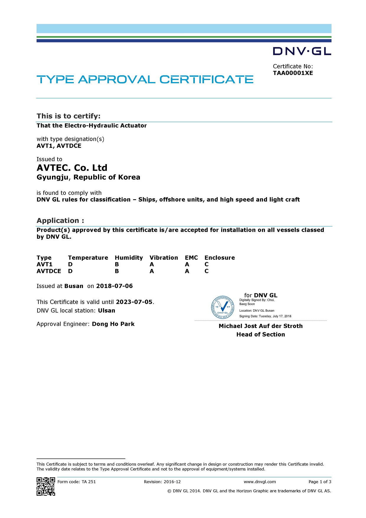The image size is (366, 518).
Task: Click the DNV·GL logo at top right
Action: pyautogui.click(x=302, y=51)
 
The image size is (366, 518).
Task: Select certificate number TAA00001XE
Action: pyautogui.click(x=293, y=73)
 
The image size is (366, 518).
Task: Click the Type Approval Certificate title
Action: pyautogui.click(x=145, y=79)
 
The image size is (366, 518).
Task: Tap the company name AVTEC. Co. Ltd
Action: pyautogui.click(x=72, y=168)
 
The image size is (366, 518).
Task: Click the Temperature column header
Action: pyautogui.click(x=88, y=258)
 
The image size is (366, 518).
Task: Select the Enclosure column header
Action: pyautogui.click(x=220, y=258)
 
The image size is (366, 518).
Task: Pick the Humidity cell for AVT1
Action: pyautogui.click(x=117, y=264)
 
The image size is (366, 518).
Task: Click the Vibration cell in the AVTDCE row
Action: pyautogui.click(x=152, y=271)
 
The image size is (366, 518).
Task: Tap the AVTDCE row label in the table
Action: pyautogui.click(x=49, y=271)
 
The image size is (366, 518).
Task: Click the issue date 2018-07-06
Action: pyautogui.click(x=115, y=286)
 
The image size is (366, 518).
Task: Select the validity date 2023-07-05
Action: pyautogui.click(x=134, y=302)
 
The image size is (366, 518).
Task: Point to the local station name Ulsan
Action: pyautogui.click(x=107, y=311)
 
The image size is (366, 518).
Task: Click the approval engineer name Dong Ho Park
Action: pyautogui.click(x=113, y=324)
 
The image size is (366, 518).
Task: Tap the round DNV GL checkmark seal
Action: pyautogui.click(x=223, y=307)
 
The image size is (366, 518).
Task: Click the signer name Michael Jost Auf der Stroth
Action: pyautogui.click(x=261, y=326)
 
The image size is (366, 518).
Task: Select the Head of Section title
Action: pyautogui.click(x=261, y=334)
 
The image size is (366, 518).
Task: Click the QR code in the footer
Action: pyautogui.click(x=46, y=486)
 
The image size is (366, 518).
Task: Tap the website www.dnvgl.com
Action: pyautogui.click(x=260, y=482)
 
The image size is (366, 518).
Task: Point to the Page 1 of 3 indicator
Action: pyautogui.click(x=320, y=482)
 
